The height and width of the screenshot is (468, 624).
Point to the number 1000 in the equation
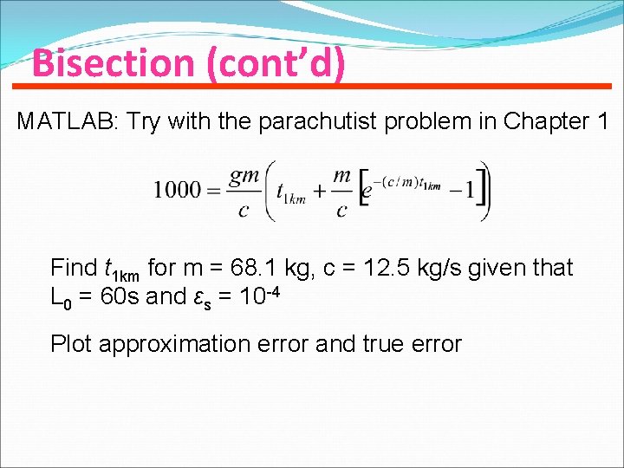[177, 190]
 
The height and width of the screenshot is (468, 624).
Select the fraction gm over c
[244, 190]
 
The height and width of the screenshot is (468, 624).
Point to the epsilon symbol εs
[202, 299]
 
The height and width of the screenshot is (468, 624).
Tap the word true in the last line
[378, 344]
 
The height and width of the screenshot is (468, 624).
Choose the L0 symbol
[58, 299]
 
